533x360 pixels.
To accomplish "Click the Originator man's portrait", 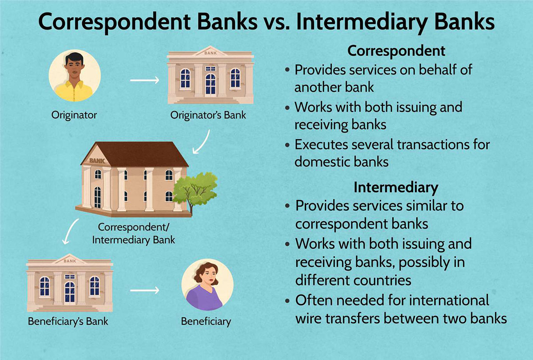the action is coord(75,76).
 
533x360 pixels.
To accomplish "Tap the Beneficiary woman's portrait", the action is coord(207,284).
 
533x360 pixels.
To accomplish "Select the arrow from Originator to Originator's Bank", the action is coord(145,80).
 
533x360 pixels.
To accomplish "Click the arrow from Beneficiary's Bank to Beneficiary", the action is coord(145,290).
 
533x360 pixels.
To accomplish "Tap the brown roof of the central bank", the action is coord(140,154).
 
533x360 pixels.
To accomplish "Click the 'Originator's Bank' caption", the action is coord(208,115).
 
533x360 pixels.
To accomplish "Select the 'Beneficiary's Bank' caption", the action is coord(68,322).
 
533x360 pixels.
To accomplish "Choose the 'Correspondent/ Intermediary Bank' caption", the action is coord(134,234).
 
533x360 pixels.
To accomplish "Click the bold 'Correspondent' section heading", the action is coord(396,51).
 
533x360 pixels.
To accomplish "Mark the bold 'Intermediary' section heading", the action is coord(396,188).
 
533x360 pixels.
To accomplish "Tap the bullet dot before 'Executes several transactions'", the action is coord(288,145).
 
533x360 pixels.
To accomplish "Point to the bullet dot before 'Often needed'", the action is coord(288,301).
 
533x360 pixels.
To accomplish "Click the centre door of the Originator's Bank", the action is coord(211,84).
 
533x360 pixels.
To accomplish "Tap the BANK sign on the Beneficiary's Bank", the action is coord(70,261).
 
